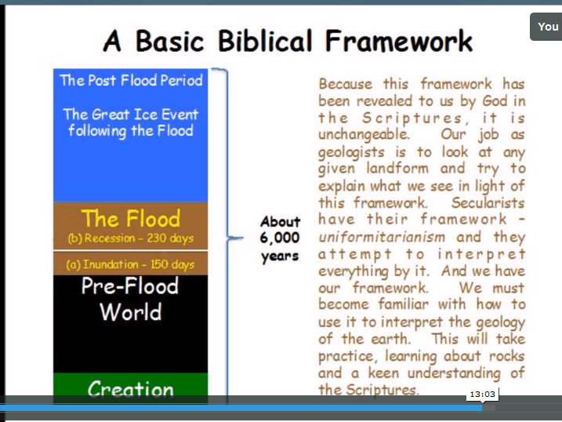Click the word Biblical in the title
(x=265, y=41)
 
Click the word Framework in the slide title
(x=399, y=41)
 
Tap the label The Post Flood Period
(x=131, y=80)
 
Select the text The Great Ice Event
(x=131, y=115)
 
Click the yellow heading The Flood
(x=131, y=218)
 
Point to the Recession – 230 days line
(x=130, y=238)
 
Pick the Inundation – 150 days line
(x=130, y=264)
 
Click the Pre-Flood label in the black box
(x=130, y=286)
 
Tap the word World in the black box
(x=130, y=312)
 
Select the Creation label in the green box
(x=131, y=389)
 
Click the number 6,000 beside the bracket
(x=280, y=238)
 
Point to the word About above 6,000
(x=281, y=221)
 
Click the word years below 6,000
(x=280, y=256)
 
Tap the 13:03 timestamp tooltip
(x=482, y=395)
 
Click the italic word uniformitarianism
(x=382, y=237)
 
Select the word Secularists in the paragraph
(x=488, y=203)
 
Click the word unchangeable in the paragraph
(x=364, y=134)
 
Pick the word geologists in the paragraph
(x=351, y=153)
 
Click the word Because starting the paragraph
(x=346, y=84)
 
